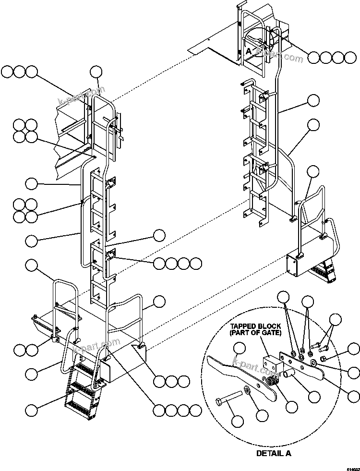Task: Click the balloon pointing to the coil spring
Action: [x=291, y=406]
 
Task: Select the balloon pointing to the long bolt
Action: [x=237, y=422]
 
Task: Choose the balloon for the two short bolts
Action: [x=335, y=320]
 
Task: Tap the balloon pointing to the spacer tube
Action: [x=314, y=397]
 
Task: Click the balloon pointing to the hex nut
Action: [x=354, y=349]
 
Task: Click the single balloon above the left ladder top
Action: [x=96, y=72]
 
